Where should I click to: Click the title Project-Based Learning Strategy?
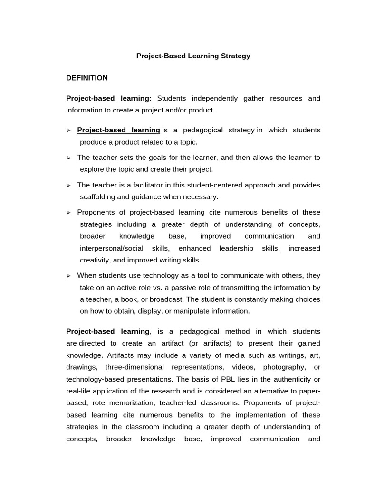[193, 56]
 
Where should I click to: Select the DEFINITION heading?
[87, 78]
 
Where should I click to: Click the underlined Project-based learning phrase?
[118, 130]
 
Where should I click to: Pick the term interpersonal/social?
[113, 248]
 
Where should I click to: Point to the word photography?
[284, 367]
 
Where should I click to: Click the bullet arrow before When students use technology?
[68, 276]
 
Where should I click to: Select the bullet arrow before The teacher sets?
[68, 158]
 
